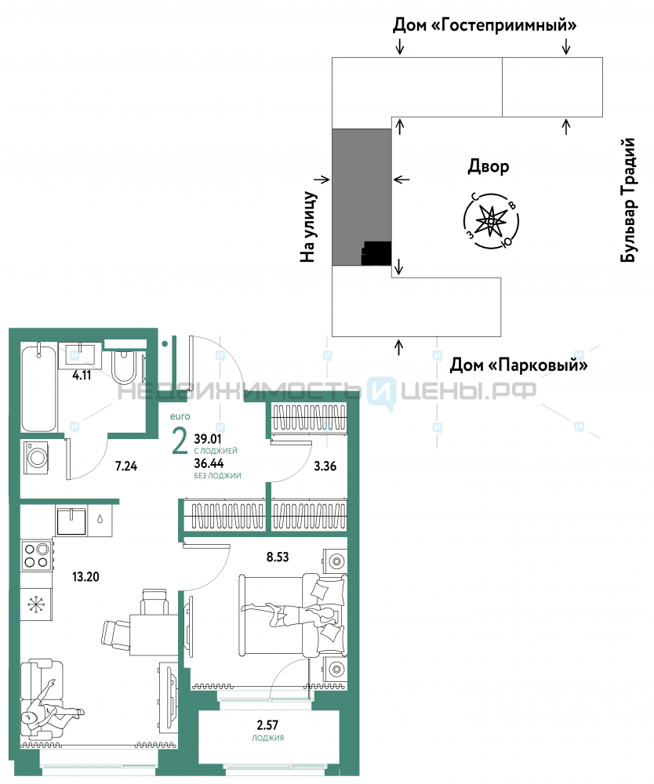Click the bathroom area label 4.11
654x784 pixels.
82,375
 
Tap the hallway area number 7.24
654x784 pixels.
126,466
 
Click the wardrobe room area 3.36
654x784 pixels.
325,466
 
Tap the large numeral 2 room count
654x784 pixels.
180,442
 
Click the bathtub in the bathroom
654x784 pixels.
38,388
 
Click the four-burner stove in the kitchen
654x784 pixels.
36,554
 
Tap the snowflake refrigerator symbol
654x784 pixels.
35,604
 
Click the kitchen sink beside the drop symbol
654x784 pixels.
75,520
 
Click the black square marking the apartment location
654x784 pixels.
376,253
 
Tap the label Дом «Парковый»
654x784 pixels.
518,365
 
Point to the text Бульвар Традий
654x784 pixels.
627,200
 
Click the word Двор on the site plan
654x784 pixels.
489,166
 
